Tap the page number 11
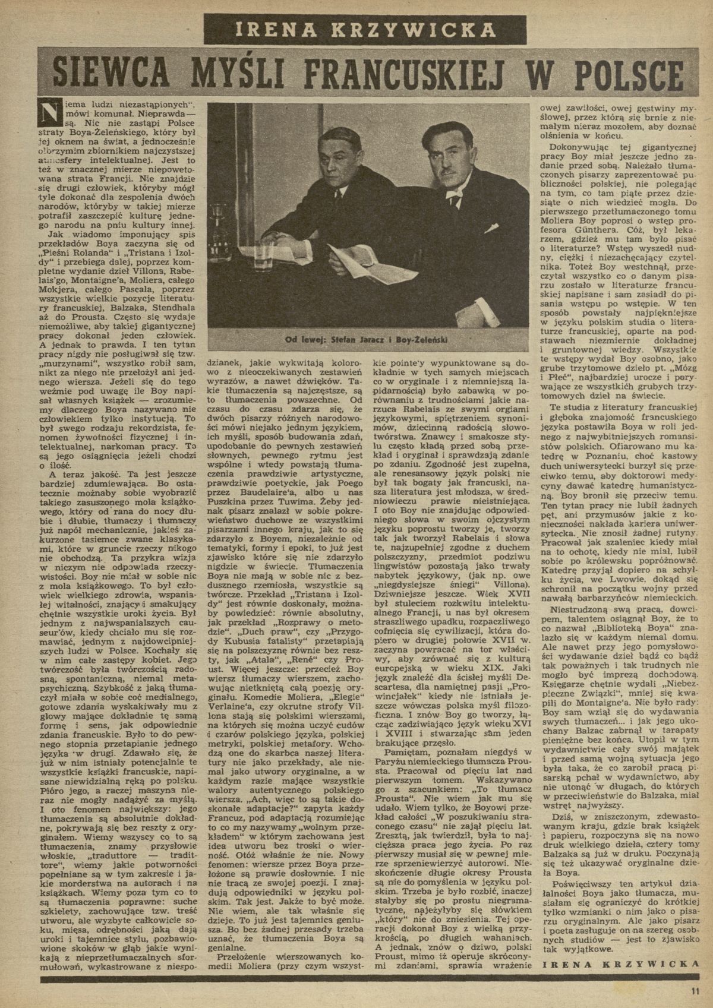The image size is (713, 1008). click(x=696, y=990)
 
